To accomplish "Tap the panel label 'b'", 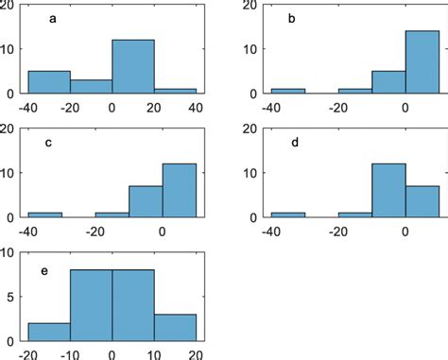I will pyautogui.click(x=292, y=18).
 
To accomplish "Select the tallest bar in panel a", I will pyautogui.click(x=132, y=66).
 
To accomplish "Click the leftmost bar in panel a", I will pyautogui.click(x=49, y=82).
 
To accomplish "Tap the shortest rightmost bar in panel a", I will pyautogui.click(x=175, y=91).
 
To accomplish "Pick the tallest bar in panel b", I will pyautogui.click(x=422, y=62).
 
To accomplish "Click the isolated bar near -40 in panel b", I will pyautogui.click(x=287, y=91).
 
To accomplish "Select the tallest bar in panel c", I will pyautogui.click(x=179, y=190).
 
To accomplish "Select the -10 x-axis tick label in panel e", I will pyautogui.click(x=69, y=354).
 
